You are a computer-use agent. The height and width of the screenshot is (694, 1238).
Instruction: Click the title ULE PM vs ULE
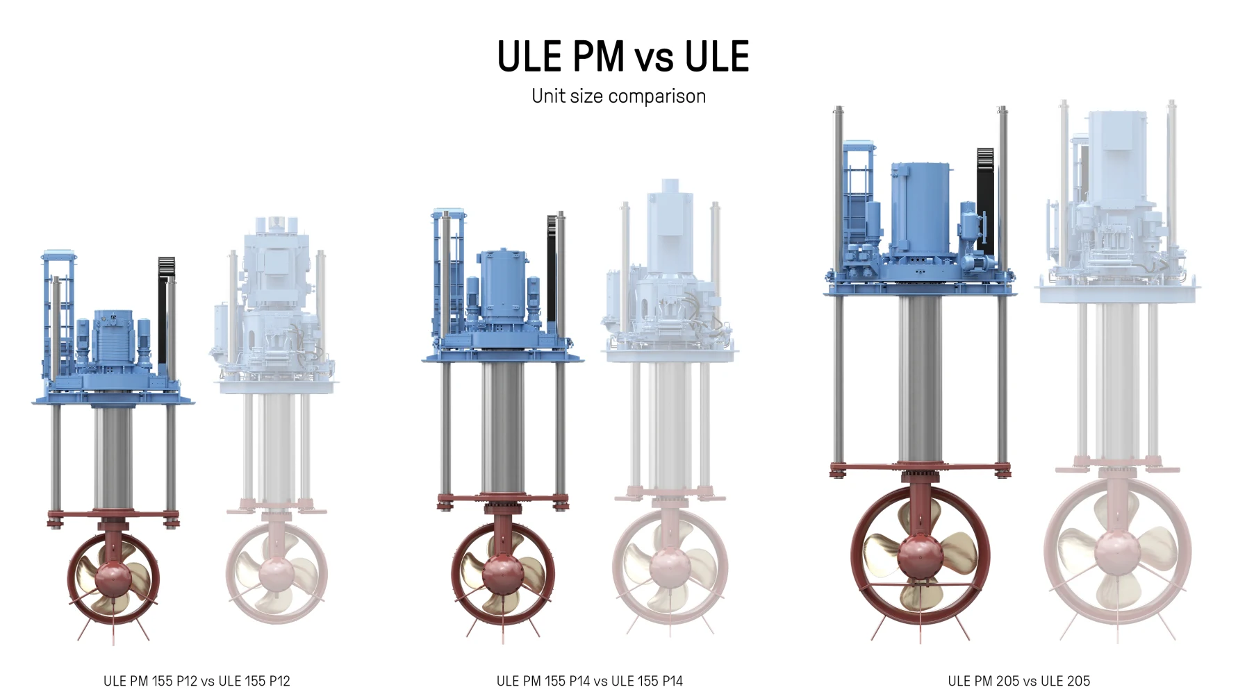623,56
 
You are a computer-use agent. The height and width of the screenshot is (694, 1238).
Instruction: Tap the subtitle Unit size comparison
618,96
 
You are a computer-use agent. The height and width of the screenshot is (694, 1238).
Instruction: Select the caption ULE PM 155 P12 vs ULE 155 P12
197,681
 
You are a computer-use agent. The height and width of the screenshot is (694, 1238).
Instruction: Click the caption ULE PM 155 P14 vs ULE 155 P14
589,681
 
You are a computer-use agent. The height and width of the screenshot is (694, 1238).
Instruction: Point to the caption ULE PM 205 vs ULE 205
1018,681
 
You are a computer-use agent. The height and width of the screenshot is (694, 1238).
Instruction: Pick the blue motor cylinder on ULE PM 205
921,208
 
